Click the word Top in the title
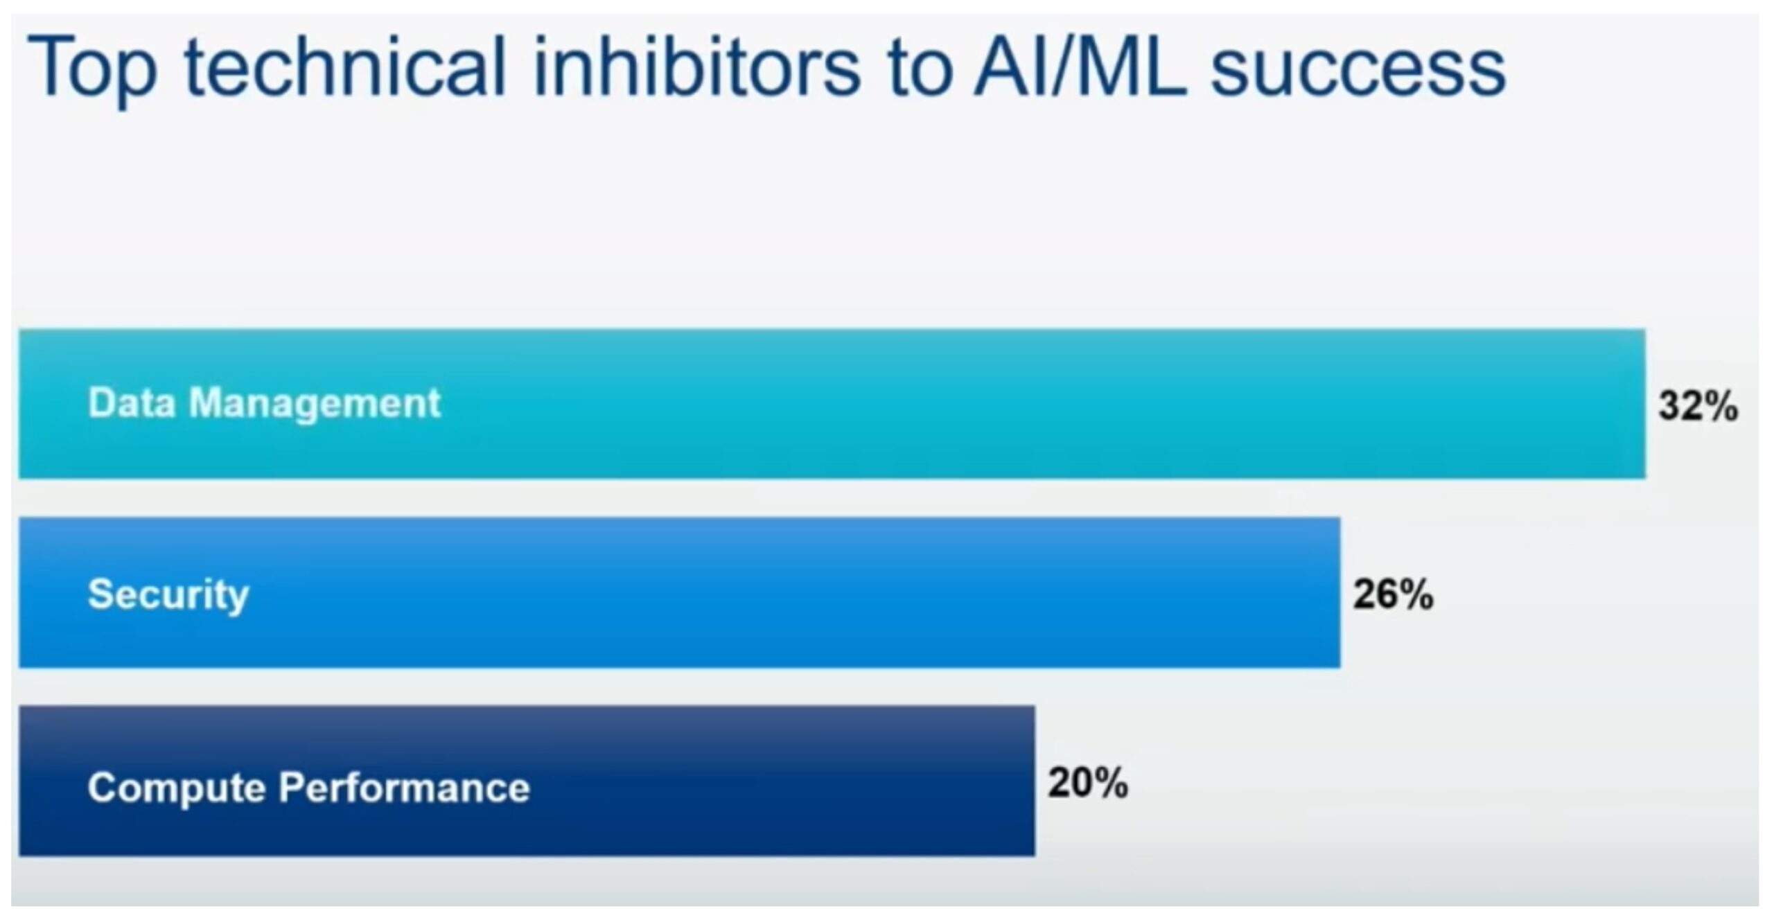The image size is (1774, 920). [91, 69]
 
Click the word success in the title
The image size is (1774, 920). [1358, 73]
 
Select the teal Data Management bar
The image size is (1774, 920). [832, 404]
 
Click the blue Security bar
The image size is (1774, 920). [680, 592]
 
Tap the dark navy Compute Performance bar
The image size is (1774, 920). [527, 781]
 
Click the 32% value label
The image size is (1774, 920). [1698, 405]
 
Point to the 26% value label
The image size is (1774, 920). [1394, 594]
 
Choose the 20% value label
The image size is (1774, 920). [1088, 783]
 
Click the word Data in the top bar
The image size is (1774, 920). [132, 402]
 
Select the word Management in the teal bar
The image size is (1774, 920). [315, 404]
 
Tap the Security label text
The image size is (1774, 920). [168, 594]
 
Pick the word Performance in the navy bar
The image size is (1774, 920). [405, 788]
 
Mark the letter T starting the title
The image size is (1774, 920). [46, 67]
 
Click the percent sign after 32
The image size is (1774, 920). [1720, 405]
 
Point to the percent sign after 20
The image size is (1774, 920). [1109, 783]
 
